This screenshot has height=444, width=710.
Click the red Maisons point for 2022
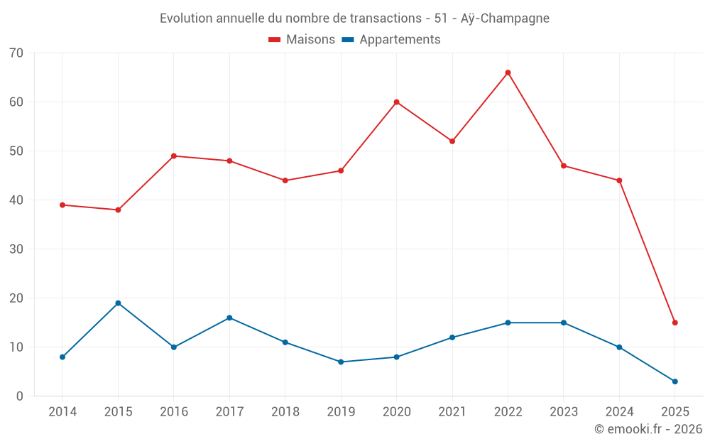pyautogui.click(x=508, y=72)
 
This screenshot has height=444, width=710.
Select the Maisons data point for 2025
pyautogui.click(x=674, y=323)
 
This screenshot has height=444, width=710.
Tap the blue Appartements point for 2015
pyautogui.click(x=118, y=303)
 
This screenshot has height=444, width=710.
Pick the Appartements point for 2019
pyautogui.click(x=341, y=362)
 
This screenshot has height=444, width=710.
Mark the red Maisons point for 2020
pyautogui.click(x=396, y=102)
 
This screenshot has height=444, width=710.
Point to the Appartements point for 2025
pyautogui.click(x=674, y=381)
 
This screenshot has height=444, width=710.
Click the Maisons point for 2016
pyautogui.click(x=174, y=156)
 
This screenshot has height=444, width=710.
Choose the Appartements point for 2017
pyautogui.click(x=229, y=318)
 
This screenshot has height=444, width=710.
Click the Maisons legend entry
pyautogui.click(x=302, y=40)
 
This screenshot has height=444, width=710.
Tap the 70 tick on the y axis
pyautogui.click(x=16, y=53)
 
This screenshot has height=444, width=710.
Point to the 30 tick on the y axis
pyautogui.click(x=16, y=249)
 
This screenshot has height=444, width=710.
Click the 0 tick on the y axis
pyautogui.click(x=20, y=396)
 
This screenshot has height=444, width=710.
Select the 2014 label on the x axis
pyautogui.click(x=62, y=412)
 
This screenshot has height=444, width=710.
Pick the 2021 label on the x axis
pyautogui.click(x=452, y=412)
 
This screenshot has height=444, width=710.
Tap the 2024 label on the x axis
pyautogui.click(x=619, y=412)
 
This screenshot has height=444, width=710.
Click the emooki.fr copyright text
pyautogui.click(x=648, y=429)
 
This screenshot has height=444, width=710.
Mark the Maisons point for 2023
pyautogui.click(x=563, y=166)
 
